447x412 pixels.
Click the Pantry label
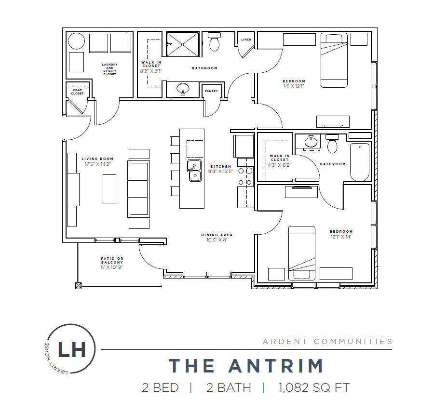point(211,91)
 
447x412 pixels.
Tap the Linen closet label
point(246,40)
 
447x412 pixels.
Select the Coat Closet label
point(77,92)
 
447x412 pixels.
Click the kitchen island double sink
point(194,171)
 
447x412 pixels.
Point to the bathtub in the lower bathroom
point(360,162)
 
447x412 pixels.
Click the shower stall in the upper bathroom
point(182,44)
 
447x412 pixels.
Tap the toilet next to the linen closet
point(215,41)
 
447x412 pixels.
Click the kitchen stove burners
point(245,176)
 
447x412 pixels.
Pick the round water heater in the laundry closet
point(76,41)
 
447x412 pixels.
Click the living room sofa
point(138,189)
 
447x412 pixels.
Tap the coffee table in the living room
point(109,188)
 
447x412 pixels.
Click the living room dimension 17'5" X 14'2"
point(97,164)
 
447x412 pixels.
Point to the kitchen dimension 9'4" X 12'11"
point(221,172)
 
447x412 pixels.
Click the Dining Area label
point(217,235)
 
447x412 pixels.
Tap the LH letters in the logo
point(72,349)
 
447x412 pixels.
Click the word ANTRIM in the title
point(276,366)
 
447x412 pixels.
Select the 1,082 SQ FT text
point(314,388)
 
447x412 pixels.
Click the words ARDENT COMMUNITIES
point(327,341)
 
